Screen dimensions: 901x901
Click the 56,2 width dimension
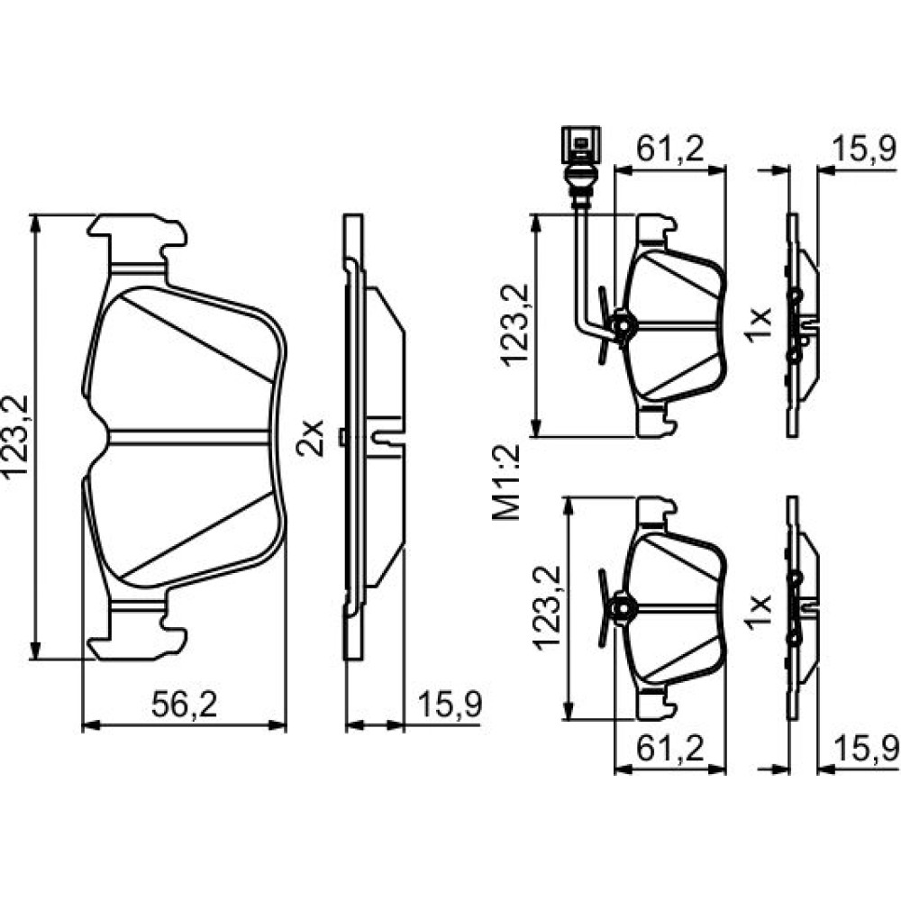184,705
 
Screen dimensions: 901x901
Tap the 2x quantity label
310,438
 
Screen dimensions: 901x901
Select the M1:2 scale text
505,482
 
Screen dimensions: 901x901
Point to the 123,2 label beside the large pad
15,437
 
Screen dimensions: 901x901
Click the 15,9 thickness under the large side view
450,705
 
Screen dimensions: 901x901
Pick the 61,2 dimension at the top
670,149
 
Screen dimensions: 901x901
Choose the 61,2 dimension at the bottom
670,749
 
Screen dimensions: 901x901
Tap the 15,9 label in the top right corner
865,149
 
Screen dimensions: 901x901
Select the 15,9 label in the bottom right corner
865,749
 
